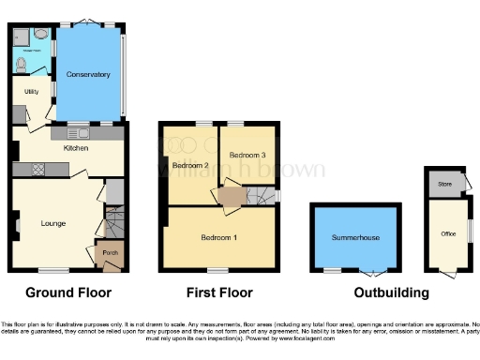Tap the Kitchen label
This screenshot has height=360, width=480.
click(x=75, y=148)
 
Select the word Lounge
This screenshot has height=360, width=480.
click(x=52, y=223)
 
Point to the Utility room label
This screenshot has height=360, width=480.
click(x=31, y=92)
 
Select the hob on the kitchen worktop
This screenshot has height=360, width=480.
click(x=40, y=170)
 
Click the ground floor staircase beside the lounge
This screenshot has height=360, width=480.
click(x=113, y=225)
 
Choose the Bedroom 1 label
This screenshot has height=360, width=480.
click(x=218, y=238)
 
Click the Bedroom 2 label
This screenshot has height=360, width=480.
click(x=190, y=166)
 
